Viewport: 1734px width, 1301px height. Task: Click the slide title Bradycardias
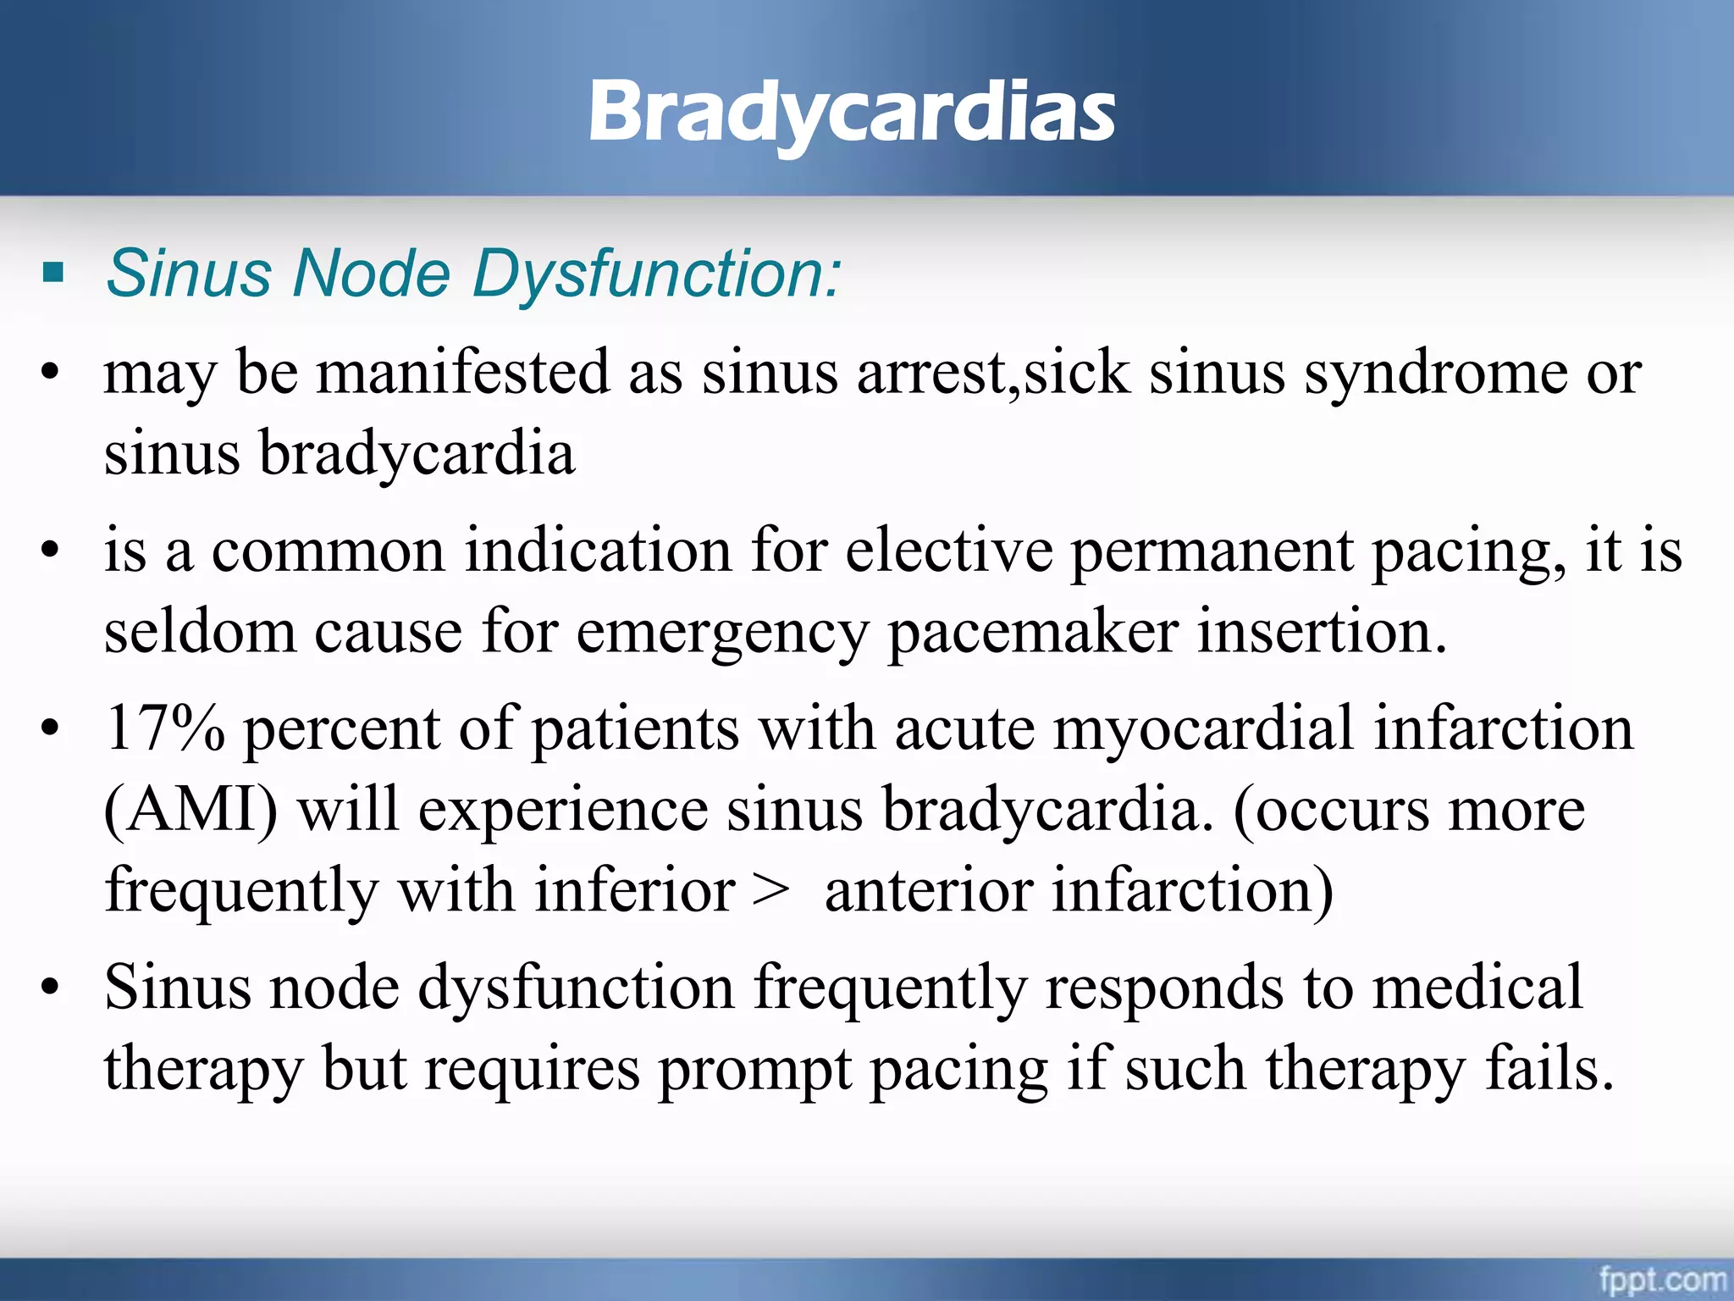tap(852, 113)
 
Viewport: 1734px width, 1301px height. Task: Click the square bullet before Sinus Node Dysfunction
tap(53, 273)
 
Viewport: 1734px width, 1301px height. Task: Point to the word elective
tap(949, 551)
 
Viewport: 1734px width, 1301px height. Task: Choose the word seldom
tap(200, 632)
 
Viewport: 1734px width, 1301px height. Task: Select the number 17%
tap(165, 728)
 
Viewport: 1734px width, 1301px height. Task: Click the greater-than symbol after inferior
tap(770, 890)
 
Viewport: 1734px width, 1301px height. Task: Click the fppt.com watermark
tap(1662, 1280)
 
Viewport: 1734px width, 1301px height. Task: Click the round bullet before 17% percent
tap(51, 728)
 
